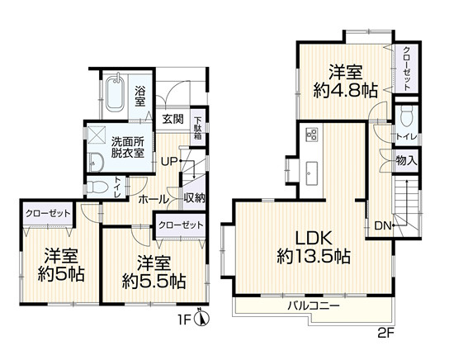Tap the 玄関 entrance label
173,119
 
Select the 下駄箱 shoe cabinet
198,128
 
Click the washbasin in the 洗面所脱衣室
96,162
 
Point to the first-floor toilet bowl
97,188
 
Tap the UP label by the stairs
170,162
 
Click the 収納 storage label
195,198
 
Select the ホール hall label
153,199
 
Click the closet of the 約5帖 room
48,213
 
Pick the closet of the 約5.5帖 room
181,225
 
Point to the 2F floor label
386,333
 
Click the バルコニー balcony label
314,306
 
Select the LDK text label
314,238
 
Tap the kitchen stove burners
311,134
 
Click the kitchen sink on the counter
311,173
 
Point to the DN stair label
383,226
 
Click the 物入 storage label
406,160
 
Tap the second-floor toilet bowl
406,116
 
